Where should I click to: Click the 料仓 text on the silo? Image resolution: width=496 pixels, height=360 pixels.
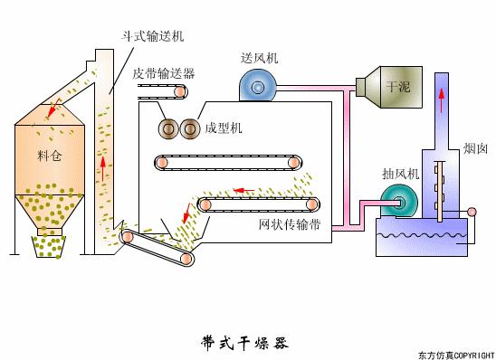tap(51, 155)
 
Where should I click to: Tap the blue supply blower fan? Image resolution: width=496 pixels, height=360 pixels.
tap(257, 86)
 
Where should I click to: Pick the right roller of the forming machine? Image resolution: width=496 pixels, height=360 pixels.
tap(190, 129)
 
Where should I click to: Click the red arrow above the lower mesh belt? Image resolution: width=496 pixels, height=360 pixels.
tap(241, 190)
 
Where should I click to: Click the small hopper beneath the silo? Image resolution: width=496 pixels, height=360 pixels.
tap(48, 245)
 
